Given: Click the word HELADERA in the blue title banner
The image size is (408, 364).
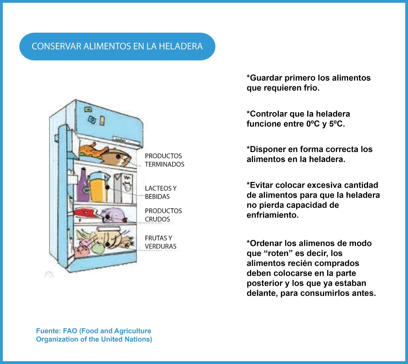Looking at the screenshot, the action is point(181,46).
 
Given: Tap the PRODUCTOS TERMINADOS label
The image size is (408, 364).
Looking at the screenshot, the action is point(164,160).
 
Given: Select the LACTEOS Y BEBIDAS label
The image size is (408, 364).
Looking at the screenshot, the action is point(161,192).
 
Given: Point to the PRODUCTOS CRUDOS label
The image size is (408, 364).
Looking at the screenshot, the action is point(163,215).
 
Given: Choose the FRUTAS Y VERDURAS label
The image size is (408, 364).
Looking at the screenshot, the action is point(160,242).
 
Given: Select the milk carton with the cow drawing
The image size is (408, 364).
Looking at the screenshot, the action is point(127,187).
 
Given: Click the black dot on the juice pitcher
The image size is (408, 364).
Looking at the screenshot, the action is point(107,187).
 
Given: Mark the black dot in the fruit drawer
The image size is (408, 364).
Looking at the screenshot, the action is point(108,244).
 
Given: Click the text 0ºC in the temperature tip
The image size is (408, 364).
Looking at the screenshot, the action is point(313,124).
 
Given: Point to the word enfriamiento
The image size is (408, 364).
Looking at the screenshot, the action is point(272,215).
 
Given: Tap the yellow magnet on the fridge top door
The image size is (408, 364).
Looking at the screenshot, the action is point(102,121).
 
